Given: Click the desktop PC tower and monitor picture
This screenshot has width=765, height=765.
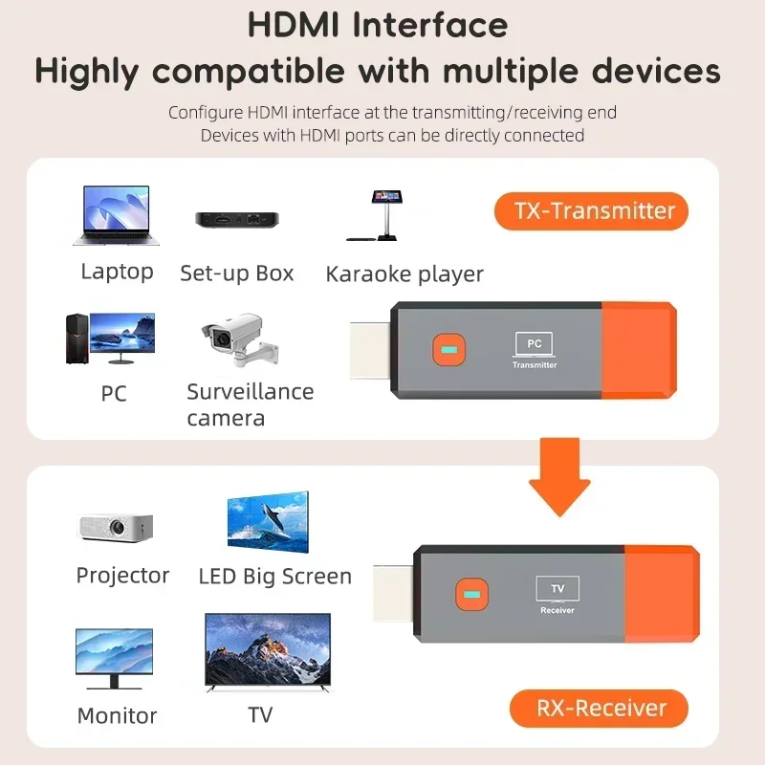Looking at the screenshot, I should (x=109, y=338).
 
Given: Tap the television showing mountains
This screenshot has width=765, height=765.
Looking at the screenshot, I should (x=267, y=653).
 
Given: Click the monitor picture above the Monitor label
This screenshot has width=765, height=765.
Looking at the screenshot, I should (x=114, y=657).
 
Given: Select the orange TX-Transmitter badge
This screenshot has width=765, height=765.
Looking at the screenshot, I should (x=590, y=210).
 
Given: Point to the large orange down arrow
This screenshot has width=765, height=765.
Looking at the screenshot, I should (x=559, y=476).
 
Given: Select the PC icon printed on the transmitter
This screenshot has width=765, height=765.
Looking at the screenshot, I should (x=534, y=344).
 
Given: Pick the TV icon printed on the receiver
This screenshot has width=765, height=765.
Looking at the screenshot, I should (x=557, y=589).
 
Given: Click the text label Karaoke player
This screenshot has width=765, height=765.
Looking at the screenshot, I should (x=404, y=274).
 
